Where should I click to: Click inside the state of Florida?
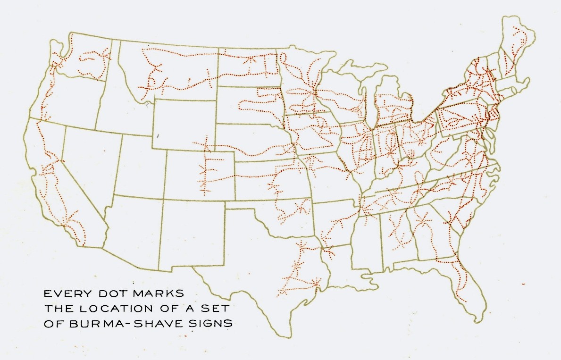[x=465, y=278]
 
